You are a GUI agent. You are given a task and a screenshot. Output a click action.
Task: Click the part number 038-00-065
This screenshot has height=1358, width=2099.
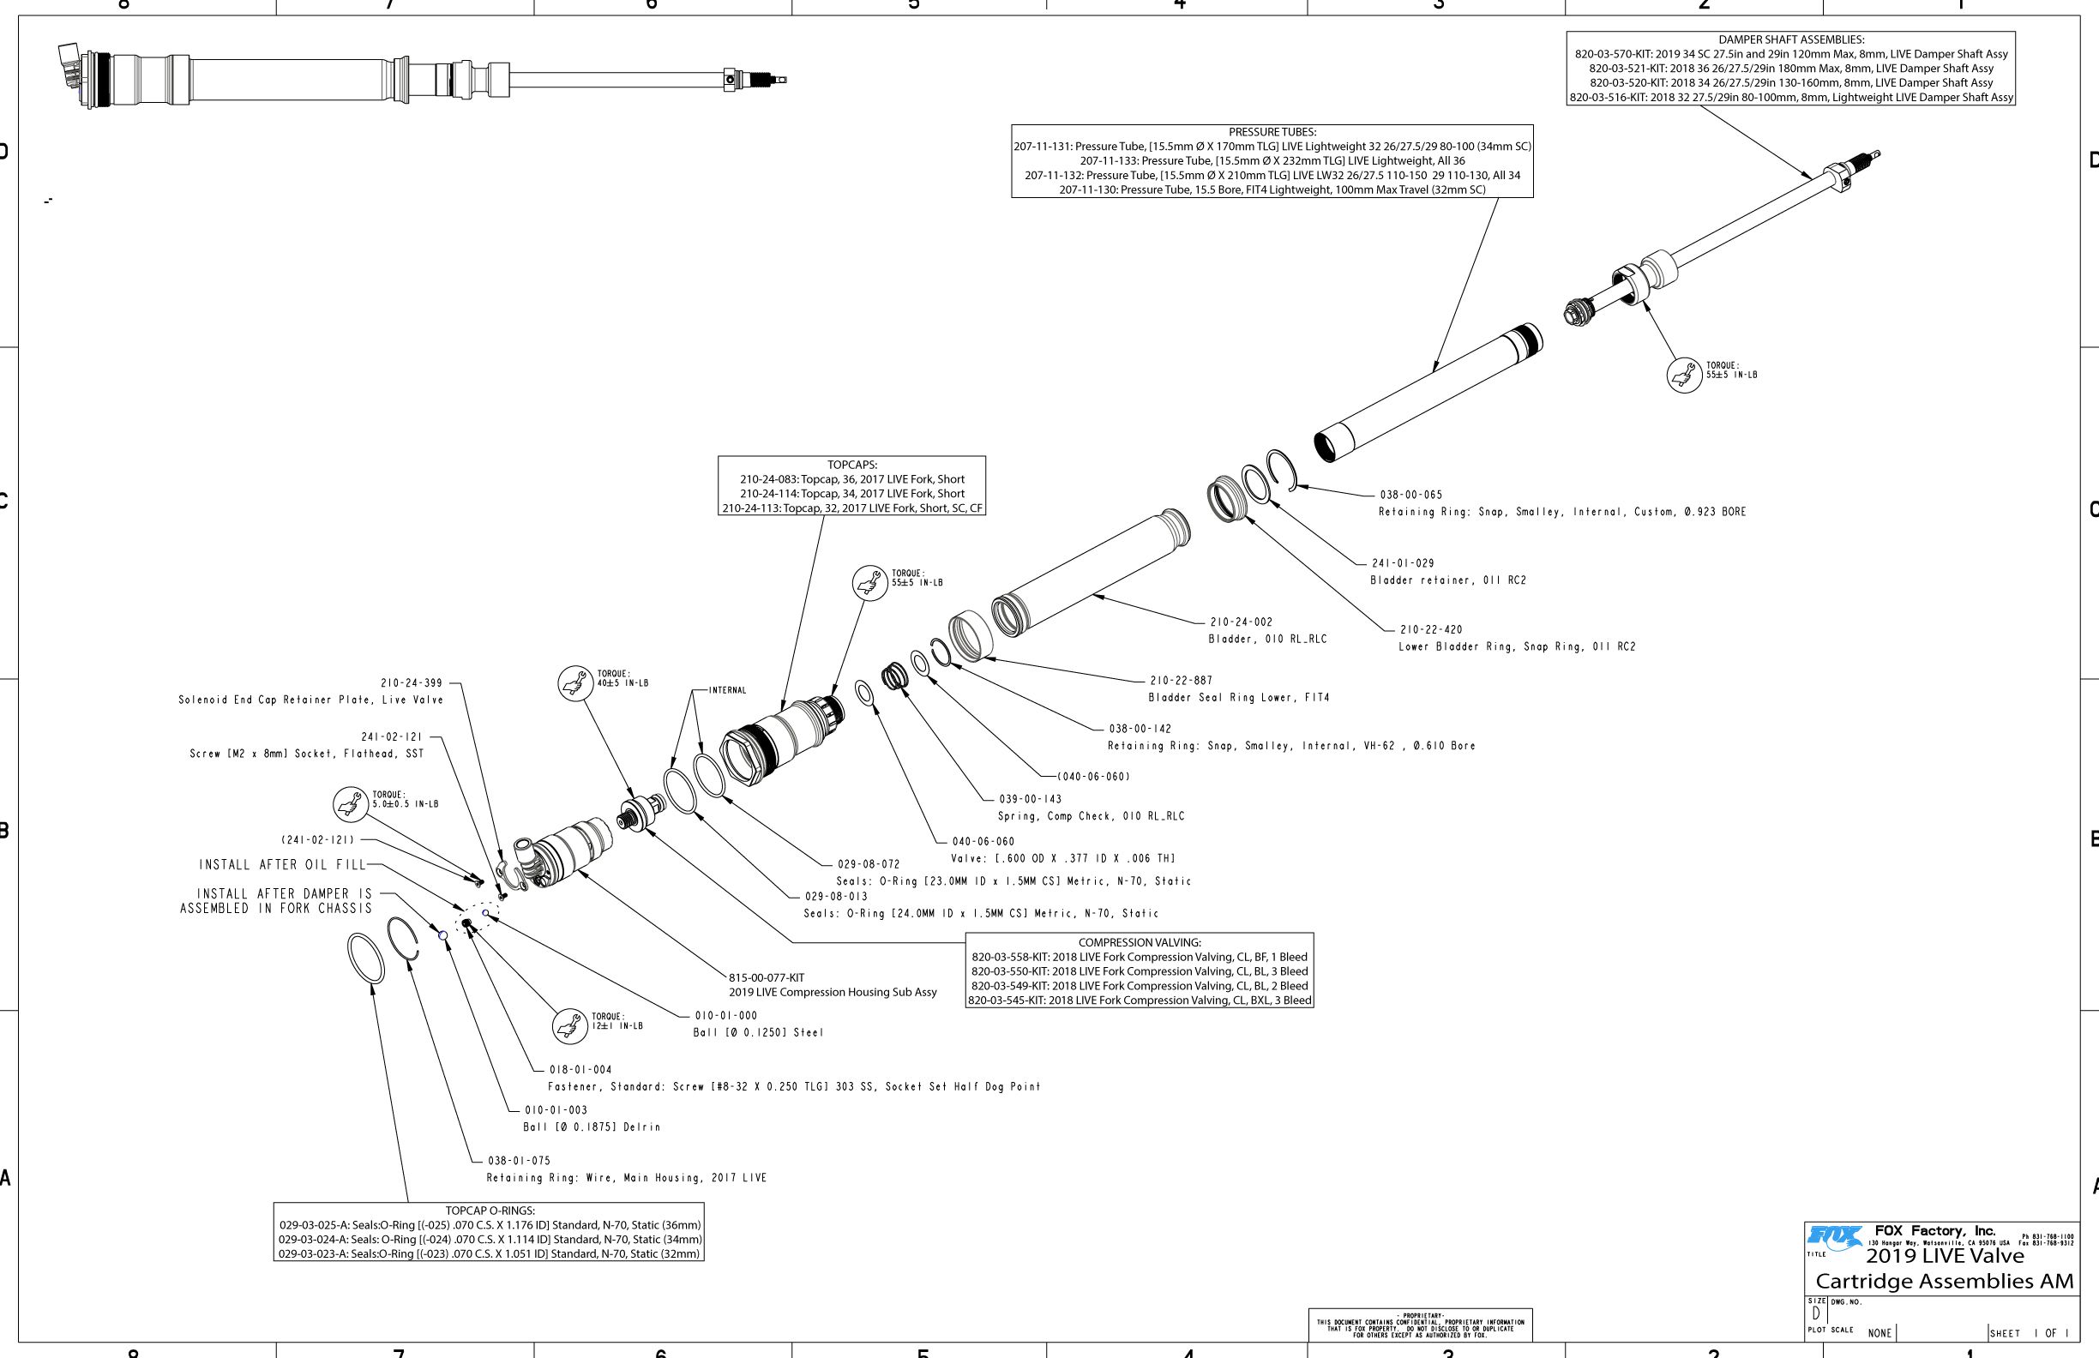click(x=1410, y=495)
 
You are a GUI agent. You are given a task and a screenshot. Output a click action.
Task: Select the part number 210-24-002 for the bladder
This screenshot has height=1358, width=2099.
click(x=1240, y=622)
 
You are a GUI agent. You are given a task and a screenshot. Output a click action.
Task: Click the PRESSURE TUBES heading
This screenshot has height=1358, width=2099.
click(x=1272, y=132)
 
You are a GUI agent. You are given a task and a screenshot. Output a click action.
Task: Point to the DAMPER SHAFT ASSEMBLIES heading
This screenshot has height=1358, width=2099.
click(x=1790, y=39)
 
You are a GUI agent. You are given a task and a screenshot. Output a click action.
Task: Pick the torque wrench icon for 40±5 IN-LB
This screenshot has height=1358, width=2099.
click(x=575, y=683)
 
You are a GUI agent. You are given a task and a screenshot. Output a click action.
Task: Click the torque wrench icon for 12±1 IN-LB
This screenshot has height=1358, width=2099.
click(x=569, y=1025)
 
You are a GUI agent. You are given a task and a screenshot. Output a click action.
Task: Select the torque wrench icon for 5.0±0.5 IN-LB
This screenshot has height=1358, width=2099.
click(x=350, y=804)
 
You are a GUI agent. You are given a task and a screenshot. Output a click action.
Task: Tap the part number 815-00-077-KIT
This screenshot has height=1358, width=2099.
click(x=766, y=977)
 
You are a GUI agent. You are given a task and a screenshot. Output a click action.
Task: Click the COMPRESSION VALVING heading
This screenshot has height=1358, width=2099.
click(x=1139, y=942)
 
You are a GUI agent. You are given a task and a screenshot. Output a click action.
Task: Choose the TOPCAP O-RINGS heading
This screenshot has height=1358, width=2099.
click(x=490, y=1211)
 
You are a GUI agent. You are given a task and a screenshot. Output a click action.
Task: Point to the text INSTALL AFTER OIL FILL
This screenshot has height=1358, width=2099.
click(x=281, y=865)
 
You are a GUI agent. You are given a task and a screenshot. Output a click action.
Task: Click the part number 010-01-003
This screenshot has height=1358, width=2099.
click(x=555, y=1110)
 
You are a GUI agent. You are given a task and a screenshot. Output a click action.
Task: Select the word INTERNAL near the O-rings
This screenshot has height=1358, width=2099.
click(x=727, y=690)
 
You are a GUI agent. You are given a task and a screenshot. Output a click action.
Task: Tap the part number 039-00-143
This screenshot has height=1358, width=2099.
click(x=1029, y=799)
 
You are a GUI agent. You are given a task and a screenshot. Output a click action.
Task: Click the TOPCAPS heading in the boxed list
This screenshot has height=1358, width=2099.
click(x=851, y=465)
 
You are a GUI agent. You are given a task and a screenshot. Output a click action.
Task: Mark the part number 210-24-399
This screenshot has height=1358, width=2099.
click(x=411, y=683)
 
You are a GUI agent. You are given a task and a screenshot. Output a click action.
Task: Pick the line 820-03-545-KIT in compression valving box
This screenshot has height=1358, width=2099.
click(x=1139, y=1000)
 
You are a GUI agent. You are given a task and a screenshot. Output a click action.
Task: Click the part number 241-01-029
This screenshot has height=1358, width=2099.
click(x=1402, y=563)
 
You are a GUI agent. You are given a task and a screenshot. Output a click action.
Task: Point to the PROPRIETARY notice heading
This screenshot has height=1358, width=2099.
click(x=1419, y=1316)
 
